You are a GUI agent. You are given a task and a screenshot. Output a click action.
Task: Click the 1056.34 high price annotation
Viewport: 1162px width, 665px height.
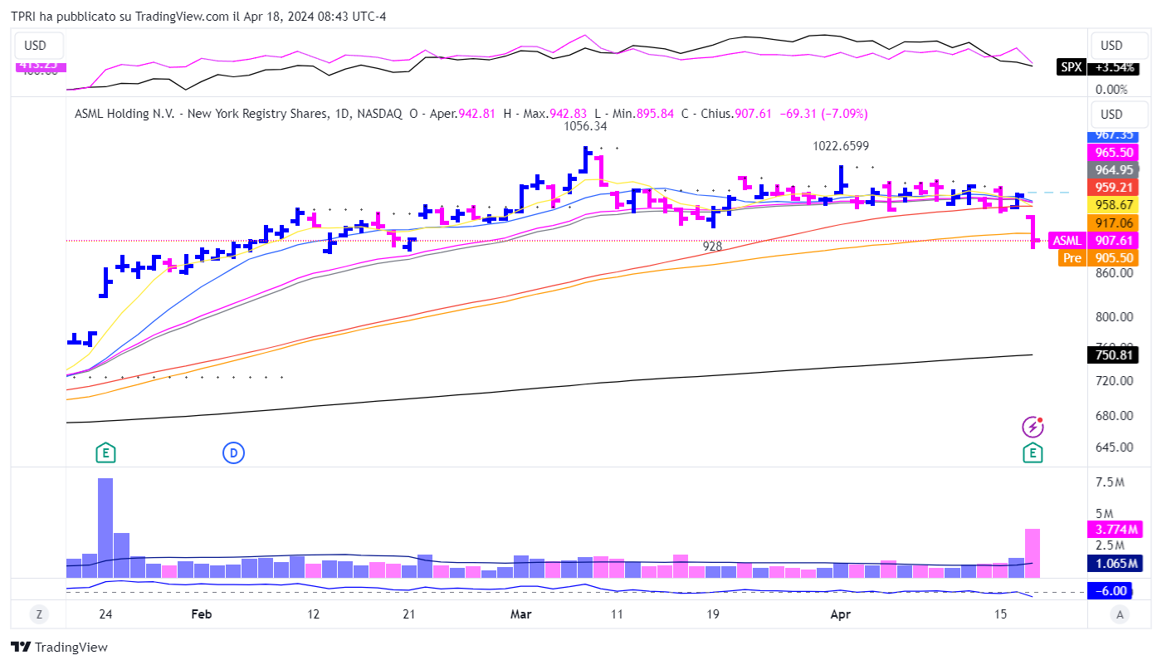pos(586,127)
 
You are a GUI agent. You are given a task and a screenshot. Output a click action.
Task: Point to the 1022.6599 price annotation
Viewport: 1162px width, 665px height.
pos(841,146)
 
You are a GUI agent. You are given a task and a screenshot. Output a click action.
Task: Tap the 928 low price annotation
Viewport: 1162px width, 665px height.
pos(712,247)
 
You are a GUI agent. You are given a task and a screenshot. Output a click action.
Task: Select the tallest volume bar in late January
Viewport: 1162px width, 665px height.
pos(105,527)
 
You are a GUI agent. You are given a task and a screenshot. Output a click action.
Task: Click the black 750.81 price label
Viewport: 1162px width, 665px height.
pos(1113,355)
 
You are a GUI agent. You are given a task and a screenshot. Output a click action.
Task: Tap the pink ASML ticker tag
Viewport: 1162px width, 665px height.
pos(1067,241)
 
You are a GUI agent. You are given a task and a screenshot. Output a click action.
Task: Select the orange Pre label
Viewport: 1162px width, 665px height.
pos(1072,258)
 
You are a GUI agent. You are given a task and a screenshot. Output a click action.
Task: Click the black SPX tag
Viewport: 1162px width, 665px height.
pos(1070,67)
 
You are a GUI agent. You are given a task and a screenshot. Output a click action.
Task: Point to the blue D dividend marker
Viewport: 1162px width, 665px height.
pos(233,452)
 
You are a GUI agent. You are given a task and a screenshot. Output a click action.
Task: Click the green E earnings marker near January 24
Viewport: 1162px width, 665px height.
pos(105,452)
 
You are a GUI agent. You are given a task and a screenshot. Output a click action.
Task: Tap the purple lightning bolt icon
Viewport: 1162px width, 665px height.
pos(1033,427)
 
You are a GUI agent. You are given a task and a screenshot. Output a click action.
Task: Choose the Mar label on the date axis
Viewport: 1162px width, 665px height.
pos(520,614)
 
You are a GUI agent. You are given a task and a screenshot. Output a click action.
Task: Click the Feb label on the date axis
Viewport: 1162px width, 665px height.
pos(202,614)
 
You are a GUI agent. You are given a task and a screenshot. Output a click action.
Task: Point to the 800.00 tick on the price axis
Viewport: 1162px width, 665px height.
pos(1114,316)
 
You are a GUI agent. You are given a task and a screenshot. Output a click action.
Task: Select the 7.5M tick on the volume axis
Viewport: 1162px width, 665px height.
pos(1110,482)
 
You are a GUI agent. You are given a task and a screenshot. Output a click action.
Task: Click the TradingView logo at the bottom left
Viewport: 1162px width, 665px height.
pos(59,648)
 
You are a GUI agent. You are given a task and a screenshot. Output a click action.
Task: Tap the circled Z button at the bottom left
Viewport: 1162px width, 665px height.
pos(39,614)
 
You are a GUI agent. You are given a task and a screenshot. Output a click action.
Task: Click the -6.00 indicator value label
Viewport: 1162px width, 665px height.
pos(1113,591)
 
